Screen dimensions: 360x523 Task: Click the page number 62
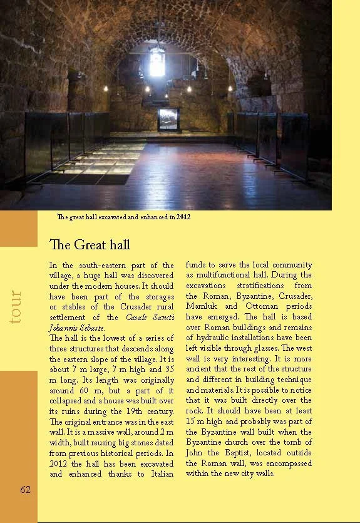click(25, 489)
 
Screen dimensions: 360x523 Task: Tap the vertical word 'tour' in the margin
click(17, 306)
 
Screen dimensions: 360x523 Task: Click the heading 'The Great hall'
click(89, 244)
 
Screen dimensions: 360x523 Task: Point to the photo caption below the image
click(123, 217)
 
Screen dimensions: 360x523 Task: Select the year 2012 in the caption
click(183, 217)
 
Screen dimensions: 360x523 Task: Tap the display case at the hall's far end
click(168, 118)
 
